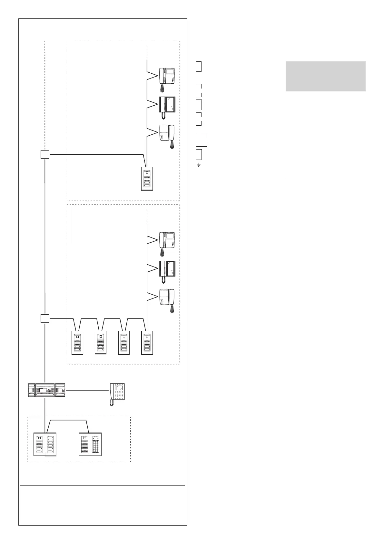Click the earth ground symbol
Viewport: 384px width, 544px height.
(x=199, y=165)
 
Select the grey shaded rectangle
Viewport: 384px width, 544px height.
(x=325, y=76)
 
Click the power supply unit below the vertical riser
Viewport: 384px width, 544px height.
(x=46, y=390)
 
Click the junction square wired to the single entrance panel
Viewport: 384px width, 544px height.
(x=45, y=154)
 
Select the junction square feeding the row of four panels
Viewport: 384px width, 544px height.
(x=45, y=319)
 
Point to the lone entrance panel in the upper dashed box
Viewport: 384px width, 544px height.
(x=147, y=179)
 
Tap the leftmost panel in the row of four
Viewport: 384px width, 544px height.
(x=77, y=342)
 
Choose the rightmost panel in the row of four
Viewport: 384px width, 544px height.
(x=147, y=342)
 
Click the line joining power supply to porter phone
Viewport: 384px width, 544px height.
(x=87, y=390)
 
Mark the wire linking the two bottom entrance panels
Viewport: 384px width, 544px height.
(x=67, y=420)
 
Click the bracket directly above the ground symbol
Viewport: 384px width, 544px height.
(x=200, y=154)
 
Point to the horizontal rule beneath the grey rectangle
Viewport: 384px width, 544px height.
(x=325, y=179)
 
